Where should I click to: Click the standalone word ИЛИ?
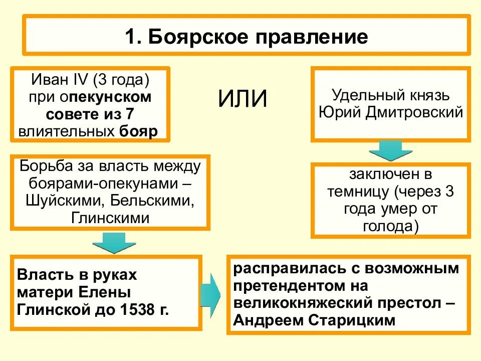243,99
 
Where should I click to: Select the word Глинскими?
110,218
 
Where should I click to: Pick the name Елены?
107,292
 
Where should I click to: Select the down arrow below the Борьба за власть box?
114,242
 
